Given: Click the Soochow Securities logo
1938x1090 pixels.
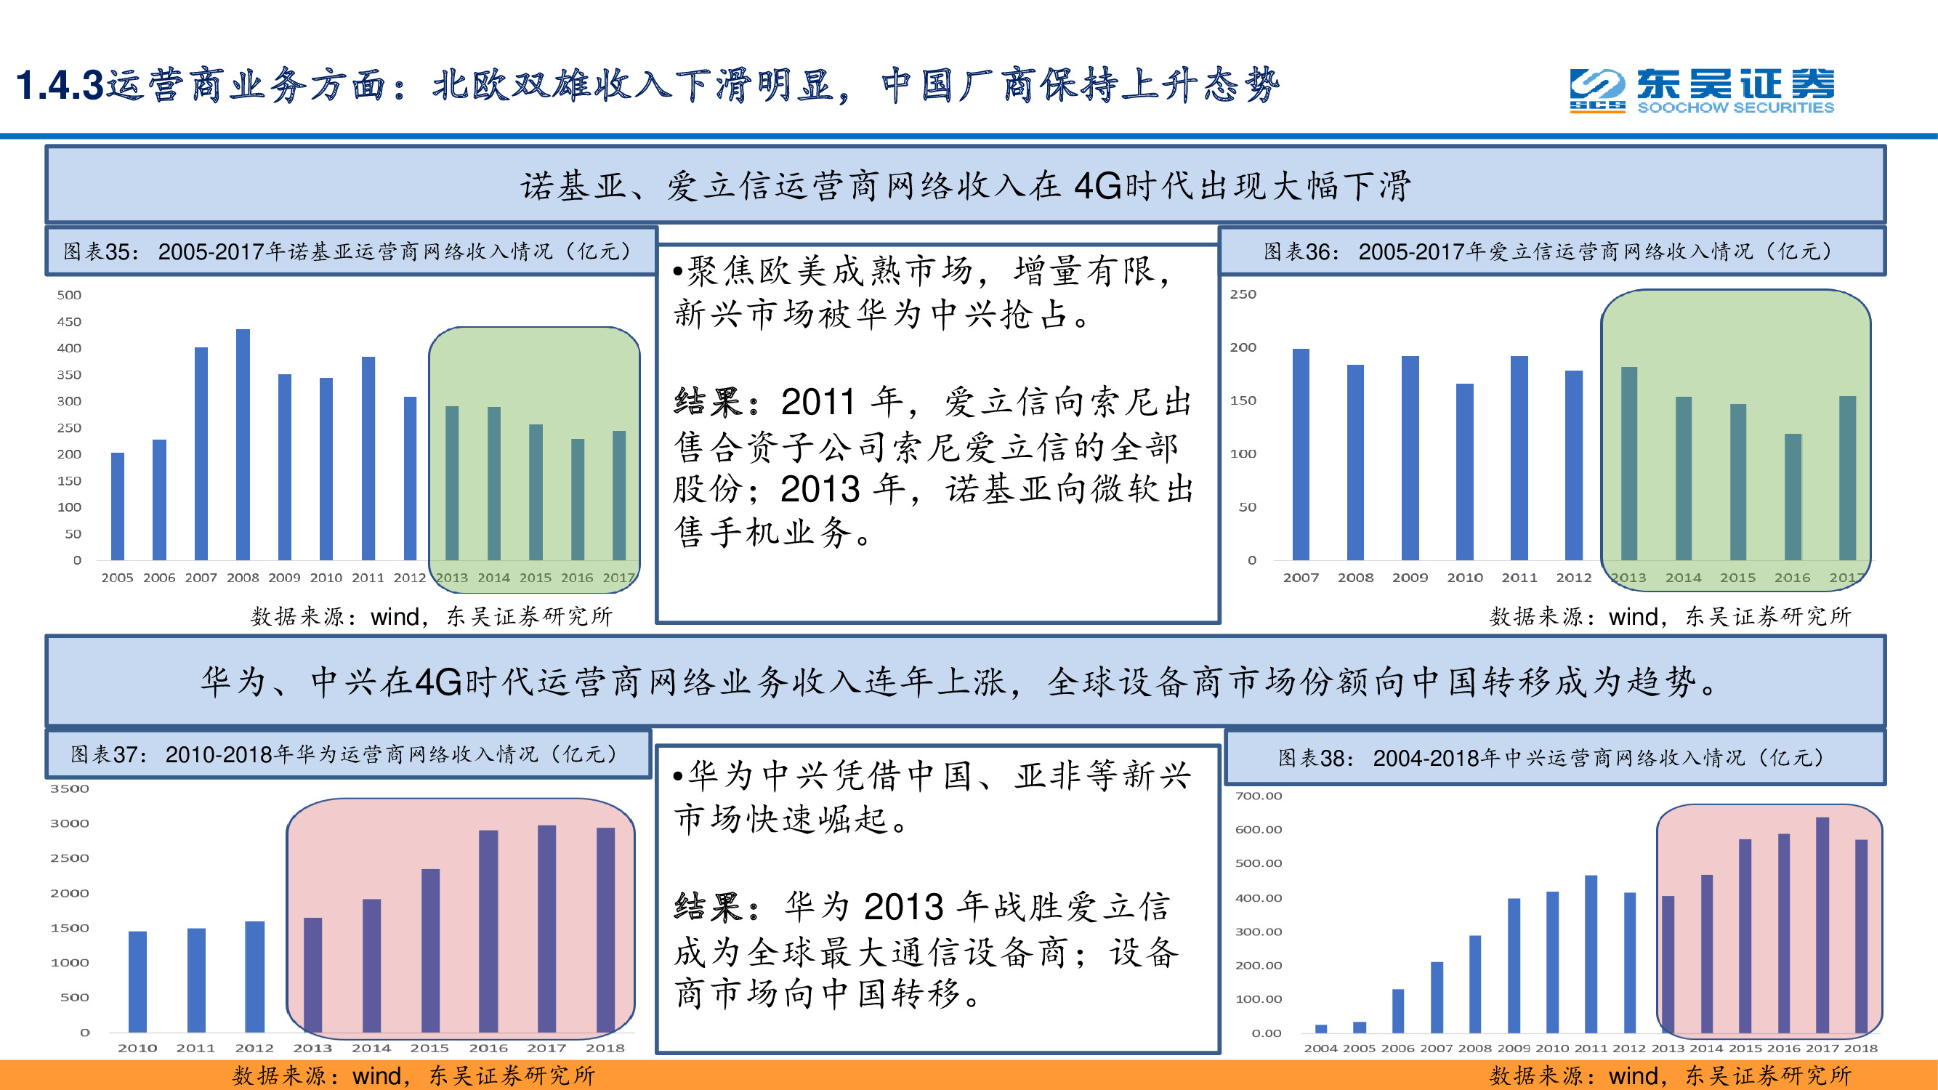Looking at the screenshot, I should tap(1702, 91).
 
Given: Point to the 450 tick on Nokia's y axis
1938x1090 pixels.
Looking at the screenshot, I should tap(69, 322).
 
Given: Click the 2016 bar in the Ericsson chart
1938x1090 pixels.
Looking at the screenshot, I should tap(1793, 496).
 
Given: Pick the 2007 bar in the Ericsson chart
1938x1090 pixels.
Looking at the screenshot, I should tap(1301, 454).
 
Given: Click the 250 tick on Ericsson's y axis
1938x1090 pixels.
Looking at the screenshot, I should tap(1243, 294).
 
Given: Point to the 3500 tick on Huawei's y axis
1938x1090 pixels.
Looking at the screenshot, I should tap(69, 788).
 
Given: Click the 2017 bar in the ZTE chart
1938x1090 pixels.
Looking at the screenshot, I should tap(1822, 924).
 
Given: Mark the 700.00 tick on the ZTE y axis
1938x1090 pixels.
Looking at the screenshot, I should tap(1258, 796).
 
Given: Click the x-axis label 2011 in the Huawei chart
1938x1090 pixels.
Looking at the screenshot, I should tap(195, 1048).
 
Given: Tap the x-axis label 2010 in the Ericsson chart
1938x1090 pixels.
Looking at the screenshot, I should tap(1465, 578).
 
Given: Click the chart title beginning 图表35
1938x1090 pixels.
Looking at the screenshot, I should tap(348, 251).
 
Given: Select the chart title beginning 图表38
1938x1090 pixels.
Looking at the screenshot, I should tap(1553, 757).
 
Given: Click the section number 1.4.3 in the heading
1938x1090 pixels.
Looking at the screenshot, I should tap(60, 85).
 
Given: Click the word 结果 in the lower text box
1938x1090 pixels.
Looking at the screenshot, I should tap(708, 907).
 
